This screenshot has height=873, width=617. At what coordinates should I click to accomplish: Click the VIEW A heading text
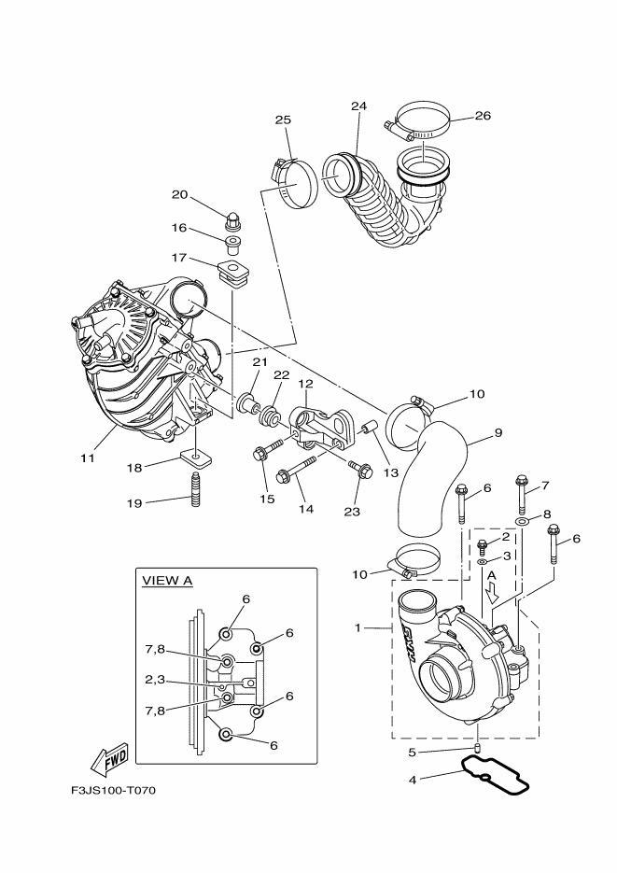(x=167, y=580)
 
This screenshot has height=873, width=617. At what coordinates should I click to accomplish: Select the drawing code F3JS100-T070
(x=113, y=791)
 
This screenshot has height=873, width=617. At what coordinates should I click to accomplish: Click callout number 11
(x=88, y=459)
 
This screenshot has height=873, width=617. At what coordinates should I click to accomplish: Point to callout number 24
(x=358, y=106)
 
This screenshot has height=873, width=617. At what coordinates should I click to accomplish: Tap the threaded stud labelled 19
(x=196, y=493)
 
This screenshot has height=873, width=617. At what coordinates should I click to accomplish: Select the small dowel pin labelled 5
(x=477, y=747)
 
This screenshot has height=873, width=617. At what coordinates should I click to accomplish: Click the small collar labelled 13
(x=367, y=432)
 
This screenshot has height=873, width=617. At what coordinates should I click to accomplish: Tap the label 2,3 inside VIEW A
(x=155, y=681)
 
